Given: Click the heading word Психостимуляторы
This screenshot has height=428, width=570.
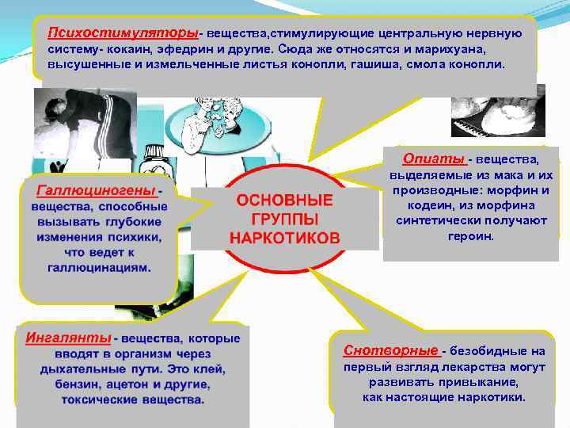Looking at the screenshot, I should pos(122,32).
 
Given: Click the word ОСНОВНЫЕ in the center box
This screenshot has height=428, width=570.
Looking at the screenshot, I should pos(285,201).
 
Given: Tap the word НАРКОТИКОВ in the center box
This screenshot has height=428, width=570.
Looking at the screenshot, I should pos(285,238).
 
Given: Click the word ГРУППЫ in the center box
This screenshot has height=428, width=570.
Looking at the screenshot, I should pos(285,219).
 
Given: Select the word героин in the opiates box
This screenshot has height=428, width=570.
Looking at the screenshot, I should pos(471,236).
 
